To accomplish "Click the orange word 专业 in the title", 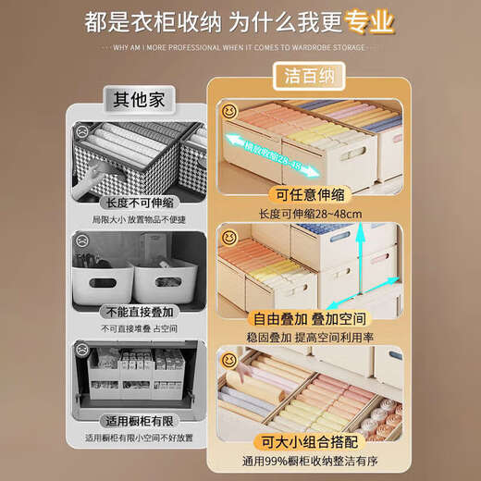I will [369, 20].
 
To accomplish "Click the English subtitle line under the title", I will [240, 46].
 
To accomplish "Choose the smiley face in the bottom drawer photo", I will [228, 361].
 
